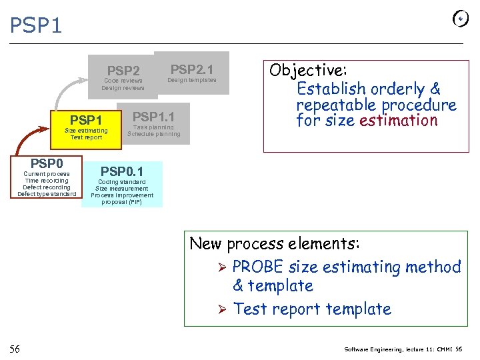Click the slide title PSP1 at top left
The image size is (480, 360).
tap(36, 25)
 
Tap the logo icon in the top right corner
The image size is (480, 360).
tap(460, 19)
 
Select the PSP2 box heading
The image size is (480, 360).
tap(123, 71)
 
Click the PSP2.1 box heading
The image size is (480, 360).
tap(191, 69)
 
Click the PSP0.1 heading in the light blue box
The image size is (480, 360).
tap(122, 172)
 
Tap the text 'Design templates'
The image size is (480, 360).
tap(191, 80)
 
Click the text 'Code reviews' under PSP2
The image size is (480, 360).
tap(123, 81)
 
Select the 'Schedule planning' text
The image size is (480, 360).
tap(153, 134)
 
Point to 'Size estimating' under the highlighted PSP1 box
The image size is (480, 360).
tap(85, 131)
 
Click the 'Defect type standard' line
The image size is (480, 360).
tap(47, 194)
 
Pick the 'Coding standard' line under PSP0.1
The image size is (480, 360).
tap(122, 182)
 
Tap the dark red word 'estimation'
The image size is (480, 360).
tap(398, 121)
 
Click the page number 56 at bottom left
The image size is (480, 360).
tap(15, 349)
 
